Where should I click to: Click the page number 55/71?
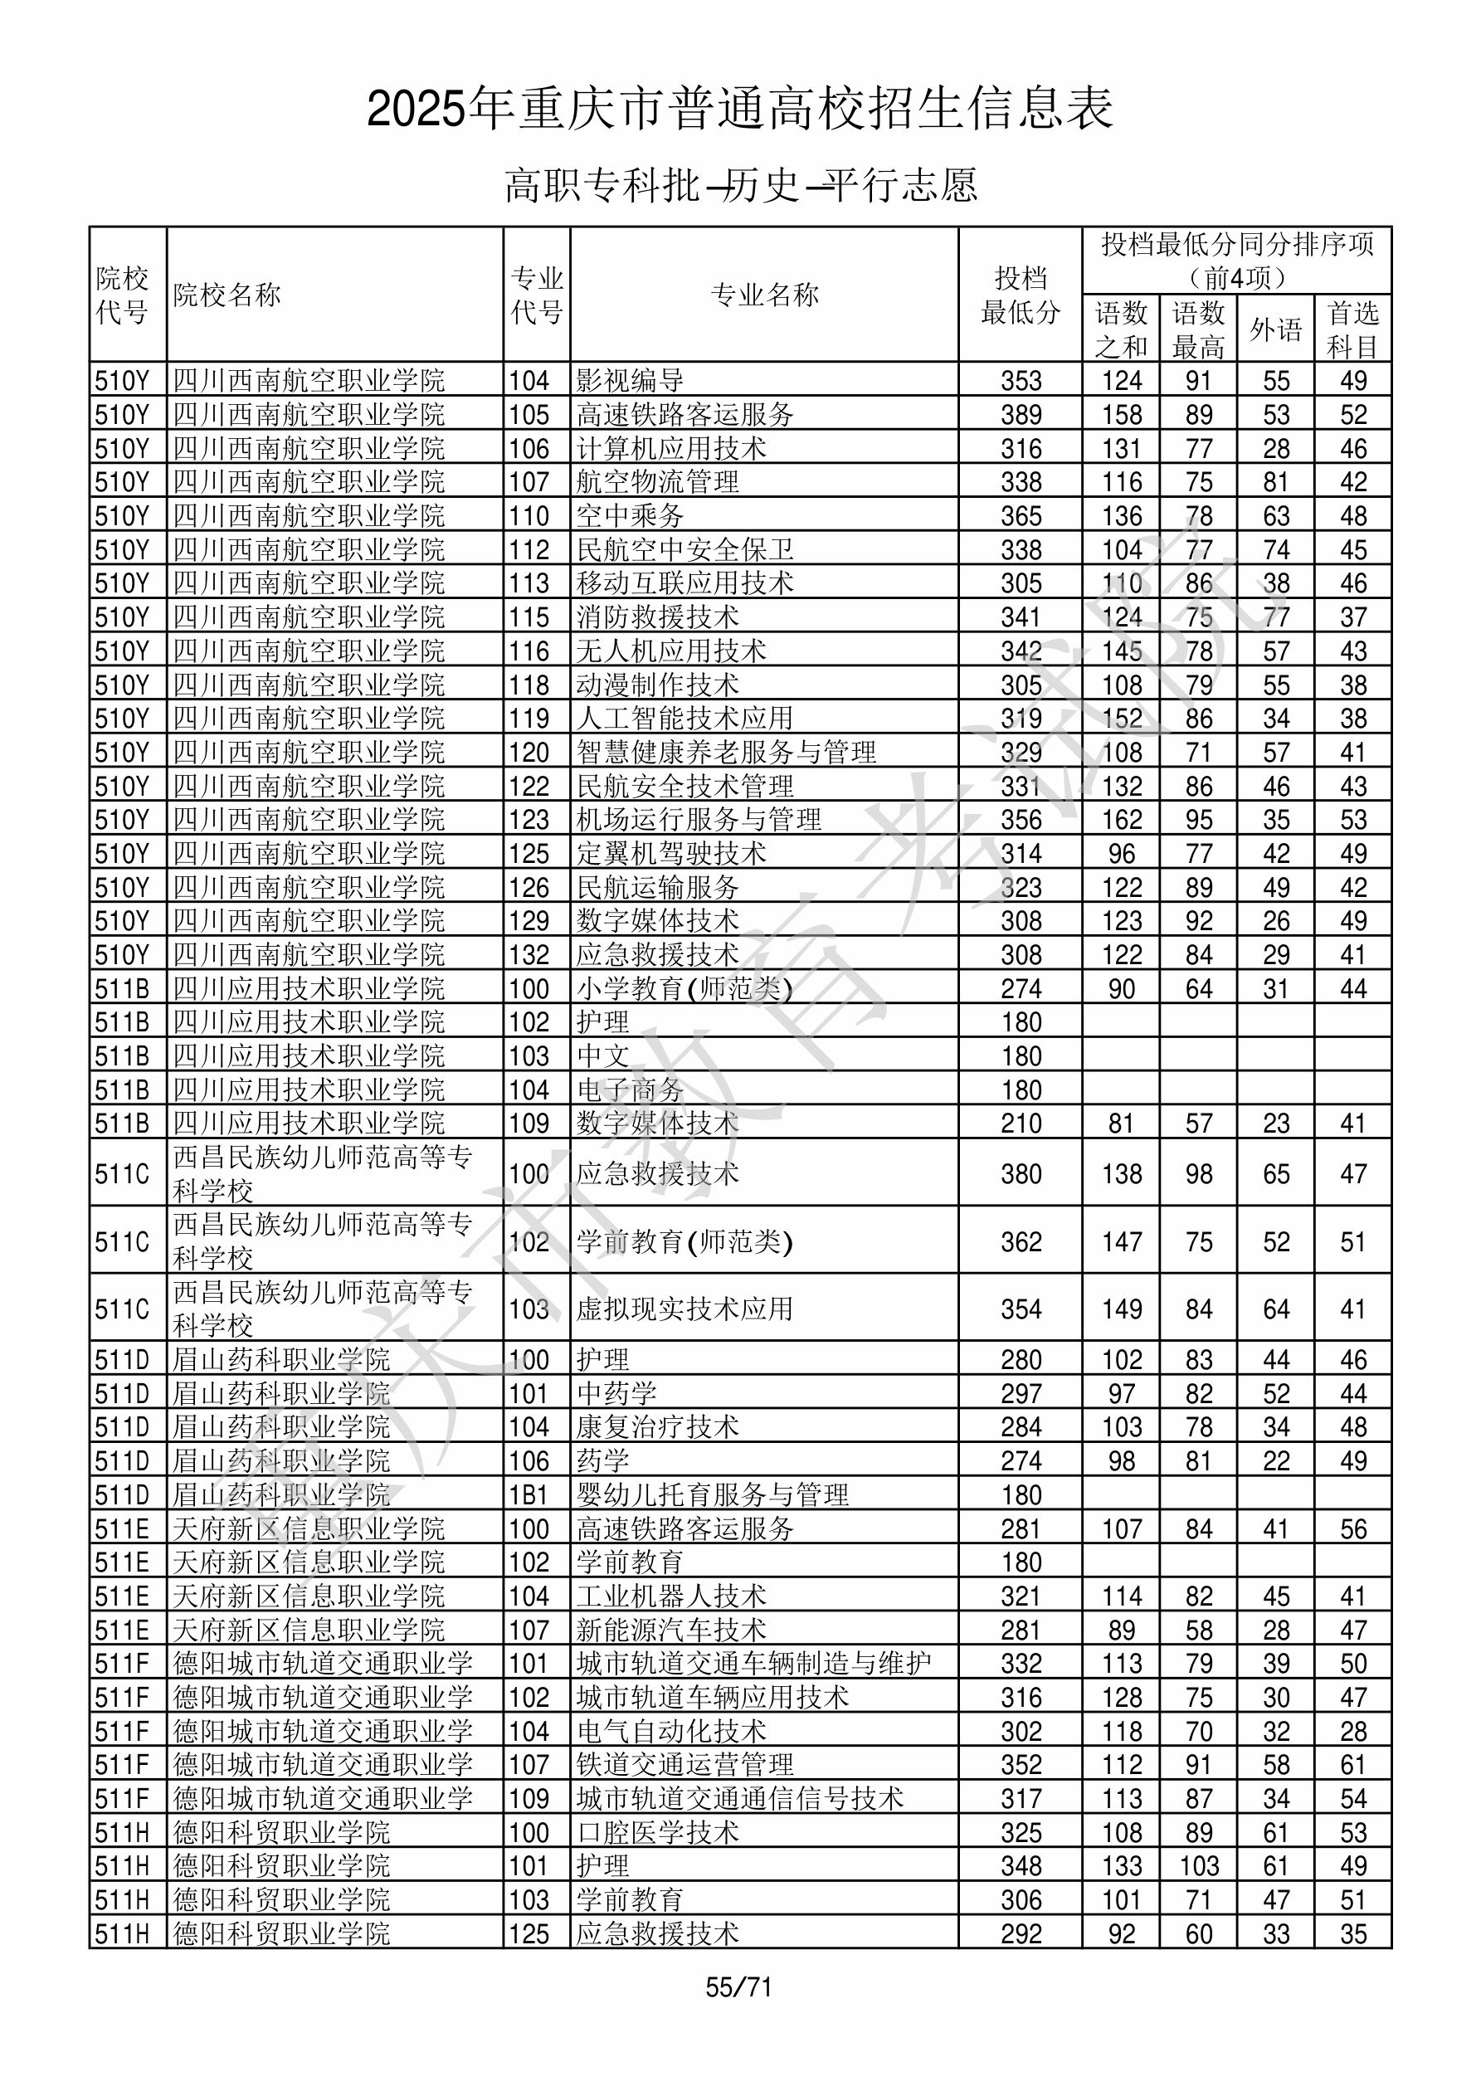[738, 1987]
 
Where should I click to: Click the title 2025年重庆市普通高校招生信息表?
[739, 110]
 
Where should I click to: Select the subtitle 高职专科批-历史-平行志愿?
[740, 185]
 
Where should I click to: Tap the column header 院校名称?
[227, 295]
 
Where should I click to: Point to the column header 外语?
[1275, 329]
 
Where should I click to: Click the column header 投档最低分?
[1020, 295]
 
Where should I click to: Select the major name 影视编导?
[630, 381]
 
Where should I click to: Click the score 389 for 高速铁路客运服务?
[1020, 414]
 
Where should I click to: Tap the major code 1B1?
[529, 1495]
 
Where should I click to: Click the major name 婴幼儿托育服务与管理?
[712, 1495]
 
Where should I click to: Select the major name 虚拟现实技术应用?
[684, 1309]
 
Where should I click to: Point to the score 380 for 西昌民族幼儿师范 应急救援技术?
[1020, 1174]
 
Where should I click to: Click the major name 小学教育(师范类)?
[684, 988]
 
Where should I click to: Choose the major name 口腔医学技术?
[657, 1833]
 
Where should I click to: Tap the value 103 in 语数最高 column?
[1199, 1867]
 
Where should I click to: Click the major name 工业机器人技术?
[671, 1596]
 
